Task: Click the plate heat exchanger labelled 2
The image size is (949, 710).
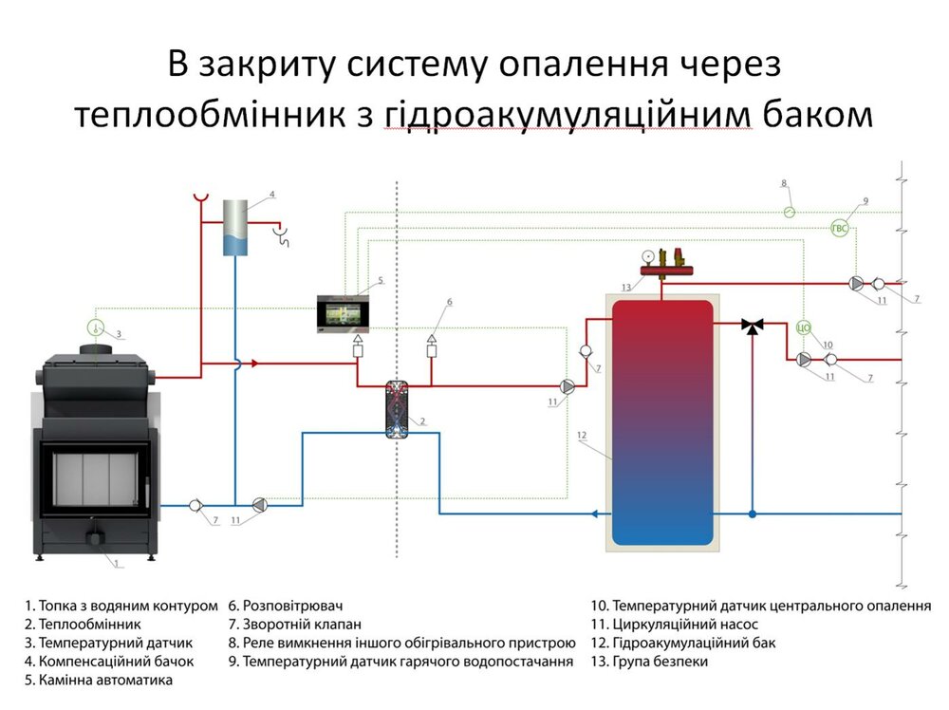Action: click(x=397, y=409)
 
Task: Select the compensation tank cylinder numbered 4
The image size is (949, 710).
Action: click(x=236, y=228)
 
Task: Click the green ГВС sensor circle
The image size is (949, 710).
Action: click(x=840, y=228)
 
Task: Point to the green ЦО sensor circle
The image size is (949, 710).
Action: click(x=803, y=328)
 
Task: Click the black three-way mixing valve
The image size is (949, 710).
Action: click(x=753, y=326)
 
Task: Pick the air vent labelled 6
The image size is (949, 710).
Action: click(x=433, y=341)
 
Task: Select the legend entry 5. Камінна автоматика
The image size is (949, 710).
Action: click(x=104, y=681)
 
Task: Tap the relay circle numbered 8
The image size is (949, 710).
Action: click(x=789, y=213)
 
